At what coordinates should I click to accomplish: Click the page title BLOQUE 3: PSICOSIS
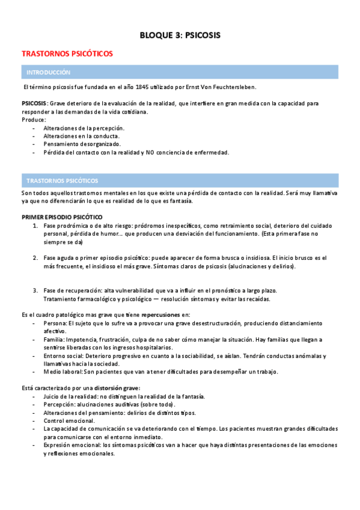(180, 35)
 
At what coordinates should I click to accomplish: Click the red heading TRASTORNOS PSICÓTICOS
(67, 54)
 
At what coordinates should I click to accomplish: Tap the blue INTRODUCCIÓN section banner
(49, 72)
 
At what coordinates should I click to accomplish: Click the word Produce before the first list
(33, 120)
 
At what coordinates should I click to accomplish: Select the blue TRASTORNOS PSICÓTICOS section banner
(63, 180)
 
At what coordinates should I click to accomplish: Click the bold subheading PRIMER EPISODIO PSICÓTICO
(62, 217)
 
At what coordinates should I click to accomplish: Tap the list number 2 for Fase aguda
(35, 257)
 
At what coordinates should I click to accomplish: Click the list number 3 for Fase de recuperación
(35, 290)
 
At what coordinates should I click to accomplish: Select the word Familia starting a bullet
(55, 340)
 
